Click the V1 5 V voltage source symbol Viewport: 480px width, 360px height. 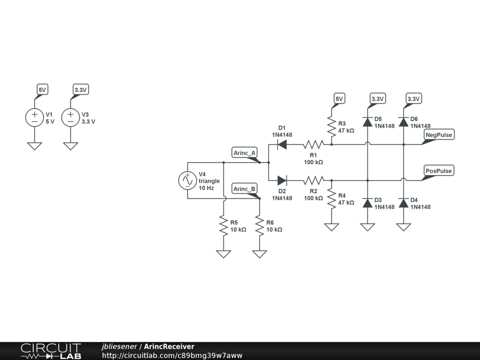[34, 118]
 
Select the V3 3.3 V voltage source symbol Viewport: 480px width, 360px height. [70, 118]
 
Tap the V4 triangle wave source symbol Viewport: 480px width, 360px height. [187, 180]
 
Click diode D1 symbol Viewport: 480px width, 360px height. [282, 144]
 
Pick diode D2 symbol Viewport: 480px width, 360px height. [282, 180]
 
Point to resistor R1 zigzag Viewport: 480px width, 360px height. [313, 144]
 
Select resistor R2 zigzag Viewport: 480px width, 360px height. [313, 180]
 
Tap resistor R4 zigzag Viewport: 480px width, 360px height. [331, 199]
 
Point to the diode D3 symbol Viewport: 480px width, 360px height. [367, 203]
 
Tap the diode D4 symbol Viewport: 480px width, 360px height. [403, 203]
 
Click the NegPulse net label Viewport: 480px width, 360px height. [438, 135]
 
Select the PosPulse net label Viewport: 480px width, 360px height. [438, 171]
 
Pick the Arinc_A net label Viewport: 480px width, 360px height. [245, 153]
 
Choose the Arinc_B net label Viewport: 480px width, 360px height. [245, 189]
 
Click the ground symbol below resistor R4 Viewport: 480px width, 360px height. [331, 227]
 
